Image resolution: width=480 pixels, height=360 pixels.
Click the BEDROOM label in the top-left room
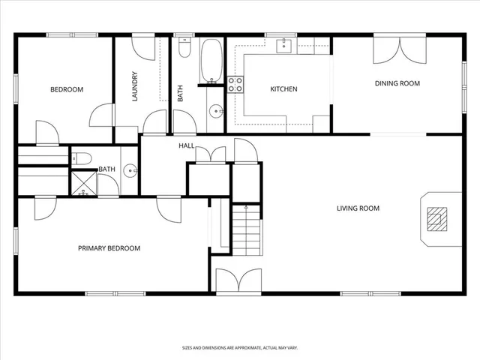(x=67, y=89)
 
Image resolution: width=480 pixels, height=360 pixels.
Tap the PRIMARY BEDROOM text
(x=109, y=248)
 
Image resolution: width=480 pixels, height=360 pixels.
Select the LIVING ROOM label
(x=358, y=208)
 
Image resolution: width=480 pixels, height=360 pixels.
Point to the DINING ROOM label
(x=397, y=83)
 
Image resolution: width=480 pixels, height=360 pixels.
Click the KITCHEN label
(x=283, y=89)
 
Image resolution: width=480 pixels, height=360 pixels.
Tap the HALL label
(x=187, y=145)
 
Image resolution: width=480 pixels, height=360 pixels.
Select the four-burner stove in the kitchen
(x=235, y=84)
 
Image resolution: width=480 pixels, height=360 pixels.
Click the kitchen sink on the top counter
(x=285, y=46)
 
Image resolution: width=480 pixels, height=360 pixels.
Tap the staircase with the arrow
(x=245, y=229)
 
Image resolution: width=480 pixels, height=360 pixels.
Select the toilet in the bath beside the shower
(x=82, y=157)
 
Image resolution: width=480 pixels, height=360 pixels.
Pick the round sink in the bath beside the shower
(x=130, y=170)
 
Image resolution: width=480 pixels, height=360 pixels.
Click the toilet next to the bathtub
(x=185, y=50)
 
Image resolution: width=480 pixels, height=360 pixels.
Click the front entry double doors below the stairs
(x=238, y=281)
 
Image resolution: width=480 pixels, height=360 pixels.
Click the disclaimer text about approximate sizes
(x=240, y=347)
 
